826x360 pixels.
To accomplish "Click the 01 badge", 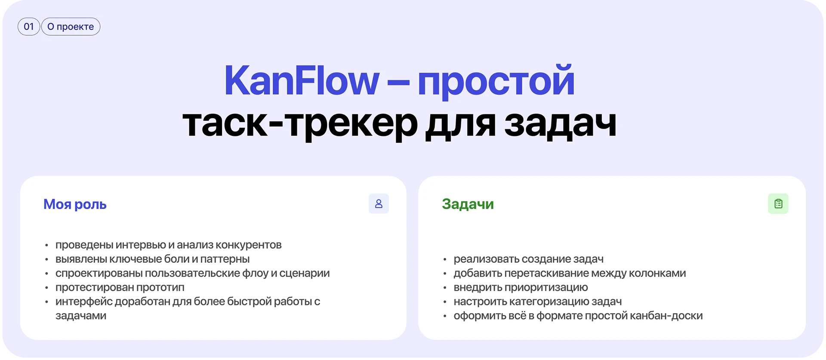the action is [29, 27].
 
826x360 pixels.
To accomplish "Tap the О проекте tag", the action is [71, 27].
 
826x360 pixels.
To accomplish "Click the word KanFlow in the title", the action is [302, 80].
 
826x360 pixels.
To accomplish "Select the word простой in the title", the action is [496, 82].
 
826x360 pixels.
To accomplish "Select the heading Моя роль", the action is [75, 204].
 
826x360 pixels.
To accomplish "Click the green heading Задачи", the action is [468, 204].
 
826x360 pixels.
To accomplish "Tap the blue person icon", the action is [379, 203].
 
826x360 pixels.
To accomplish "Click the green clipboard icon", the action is [778, 203].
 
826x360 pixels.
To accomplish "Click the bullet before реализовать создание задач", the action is [445, 259].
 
